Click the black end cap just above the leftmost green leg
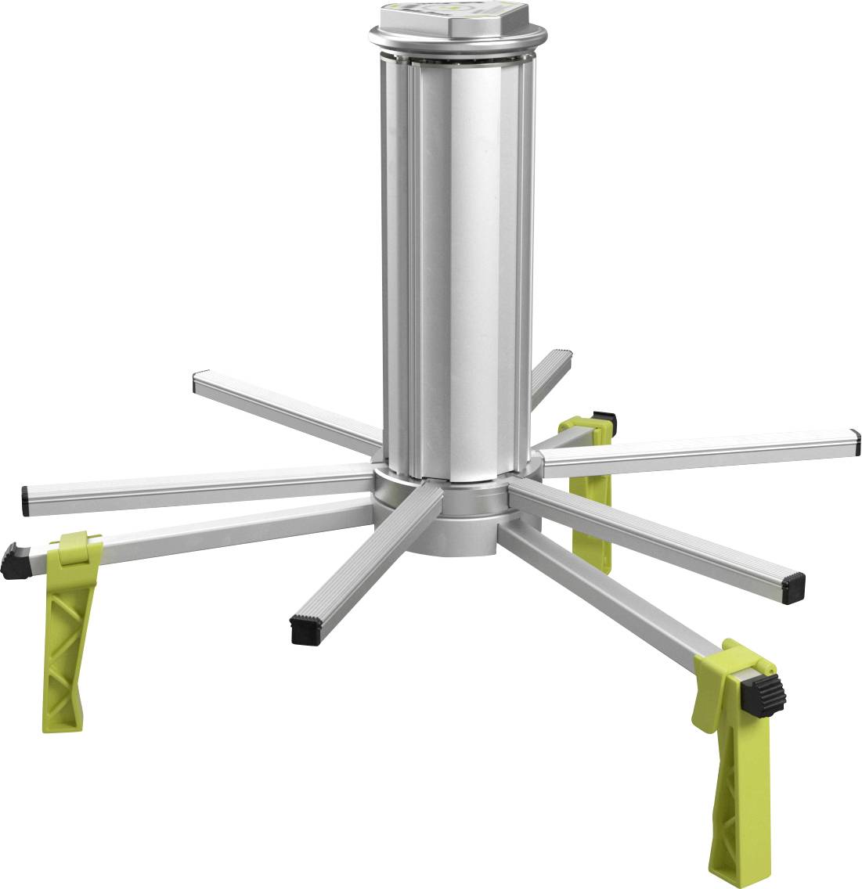click(x=27, y=498)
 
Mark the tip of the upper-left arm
click(x=197, y=382)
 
